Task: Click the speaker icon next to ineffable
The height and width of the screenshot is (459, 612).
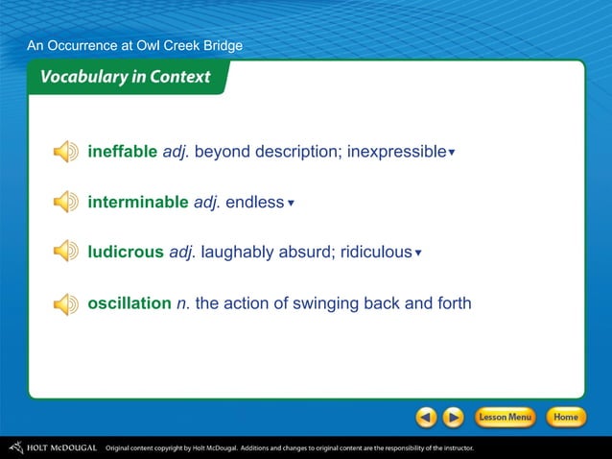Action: [65, 152]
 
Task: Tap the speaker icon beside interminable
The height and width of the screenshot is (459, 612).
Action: [65, 203]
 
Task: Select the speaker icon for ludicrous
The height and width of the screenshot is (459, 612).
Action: [65, 253]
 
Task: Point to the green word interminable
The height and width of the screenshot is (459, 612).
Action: [137, 203]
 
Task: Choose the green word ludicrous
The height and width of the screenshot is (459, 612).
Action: [126, 253]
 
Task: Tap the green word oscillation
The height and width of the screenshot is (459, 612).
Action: [129, 303]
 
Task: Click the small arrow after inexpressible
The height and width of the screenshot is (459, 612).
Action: [452, 153]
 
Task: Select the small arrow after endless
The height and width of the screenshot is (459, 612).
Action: [291, 204]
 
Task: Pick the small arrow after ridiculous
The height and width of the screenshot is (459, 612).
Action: [418, 254]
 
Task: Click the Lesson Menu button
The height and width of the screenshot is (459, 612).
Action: [505, 418]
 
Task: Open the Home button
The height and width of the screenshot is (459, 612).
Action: [565, 418]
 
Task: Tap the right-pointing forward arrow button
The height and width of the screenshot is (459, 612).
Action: [454, 418]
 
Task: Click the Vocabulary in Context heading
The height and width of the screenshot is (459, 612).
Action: [125, 78]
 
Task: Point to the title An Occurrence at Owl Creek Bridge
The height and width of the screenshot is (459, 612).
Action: [134, 45]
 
